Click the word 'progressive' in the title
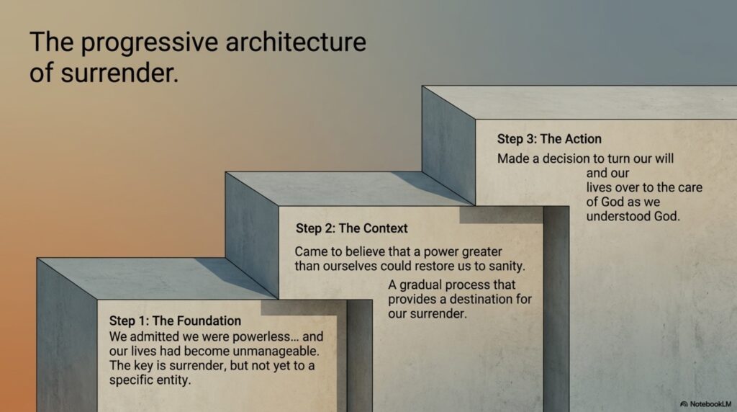(150, 43)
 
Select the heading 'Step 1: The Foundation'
(175, 321)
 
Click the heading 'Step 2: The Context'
(351, 228)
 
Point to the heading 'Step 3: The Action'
(549, 139)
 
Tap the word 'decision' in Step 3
(564, 158)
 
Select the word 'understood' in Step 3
(617, 216)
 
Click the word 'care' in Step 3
(689, 188)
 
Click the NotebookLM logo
(705, 404)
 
